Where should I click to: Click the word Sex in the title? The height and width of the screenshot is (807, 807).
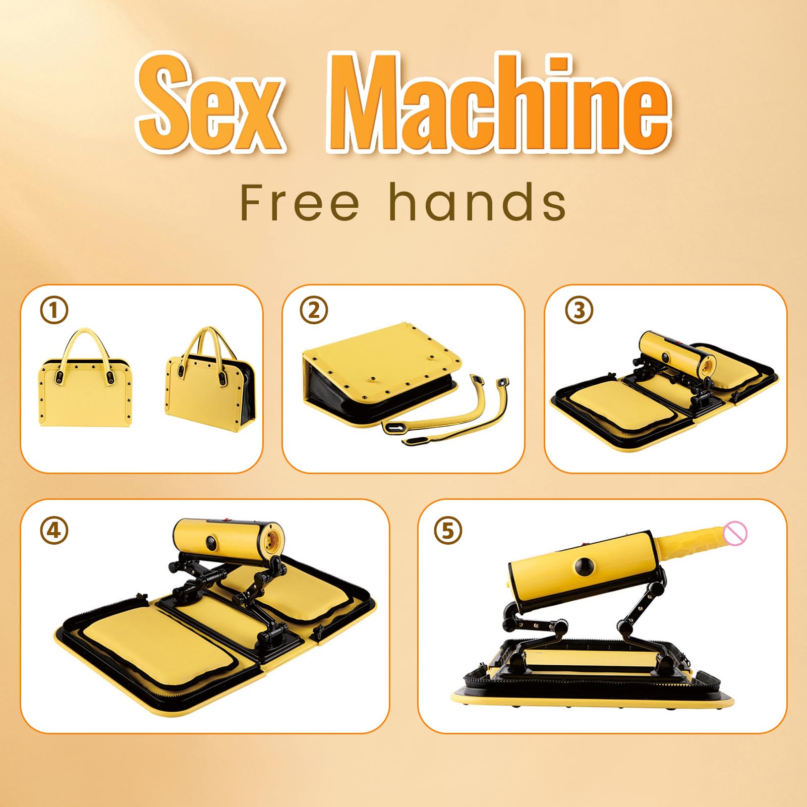(209, 103)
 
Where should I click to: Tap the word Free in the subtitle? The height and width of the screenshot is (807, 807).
(300, 202)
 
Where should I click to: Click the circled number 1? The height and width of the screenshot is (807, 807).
(54, 310)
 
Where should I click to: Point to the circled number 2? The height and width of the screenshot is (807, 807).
(314, 310)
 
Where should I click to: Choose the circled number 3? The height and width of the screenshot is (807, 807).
(579, 310)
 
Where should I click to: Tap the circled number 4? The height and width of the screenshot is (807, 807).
(54, 531)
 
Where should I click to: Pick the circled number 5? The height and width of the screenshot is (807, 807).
(448, 531)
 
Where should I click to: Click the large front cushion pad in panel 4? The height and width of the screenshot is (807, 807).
(159, 643)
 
